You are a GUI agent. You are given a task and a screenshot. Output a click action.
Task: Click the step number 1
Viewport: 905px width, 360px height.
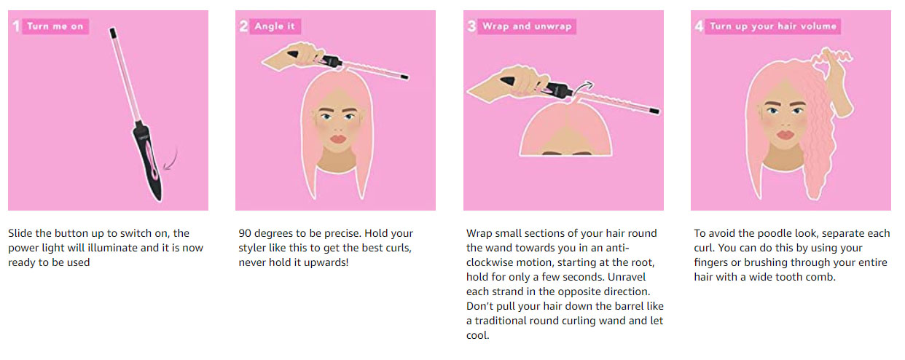tap(16, 26)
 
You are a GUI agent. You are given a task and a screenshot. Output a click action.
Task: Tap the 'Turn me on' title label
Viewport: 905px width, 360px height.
tap(55, 26)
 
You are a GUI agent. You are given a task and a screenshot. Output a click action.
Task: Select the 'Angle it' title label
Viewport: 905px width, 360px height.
tap(275, 26)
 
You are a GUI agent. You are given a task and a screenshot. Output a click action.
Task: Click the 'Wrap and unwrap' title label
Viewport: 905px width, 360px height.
tap(527, 26)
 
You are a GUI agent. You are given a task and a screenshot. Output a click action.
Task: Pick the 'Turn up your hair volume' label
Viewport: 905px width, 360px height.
tap(773, 26)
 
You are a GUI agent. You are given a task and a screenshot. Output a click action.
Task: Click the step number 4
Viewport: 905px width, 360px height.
tap(699, 26)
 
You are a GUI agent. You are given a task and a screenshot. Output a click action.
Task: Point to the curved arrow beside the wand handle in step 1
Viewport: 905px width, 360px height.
tap(171, 160)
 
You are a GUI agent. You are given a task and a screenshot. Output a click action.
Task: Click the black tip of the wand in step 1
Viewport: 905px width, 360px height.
tap(113, 32)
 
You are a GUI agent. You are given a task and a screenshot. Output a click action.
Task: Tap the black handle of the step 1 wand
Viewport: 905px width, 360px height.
tap(148, 162)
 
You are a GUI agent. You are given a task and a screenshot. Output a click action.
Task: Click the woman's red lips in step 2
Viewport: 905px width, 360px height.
tap(338, 139)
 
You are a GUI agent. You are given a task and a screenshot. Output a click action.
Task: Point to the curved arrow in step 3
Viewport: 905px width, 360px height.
tap(584, 88)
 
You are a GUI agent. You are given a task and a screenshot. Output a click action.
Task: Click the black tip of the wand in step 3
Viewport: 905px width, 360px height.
tap(654, 111)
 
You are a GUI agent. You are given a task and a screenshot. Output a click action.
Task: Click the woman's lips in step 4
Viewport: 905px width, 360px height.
tap(785, 135)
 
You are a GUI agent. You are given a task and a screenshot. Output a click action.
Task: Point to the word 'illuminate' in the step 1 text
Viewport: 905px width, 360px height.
tap(112, 248)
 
